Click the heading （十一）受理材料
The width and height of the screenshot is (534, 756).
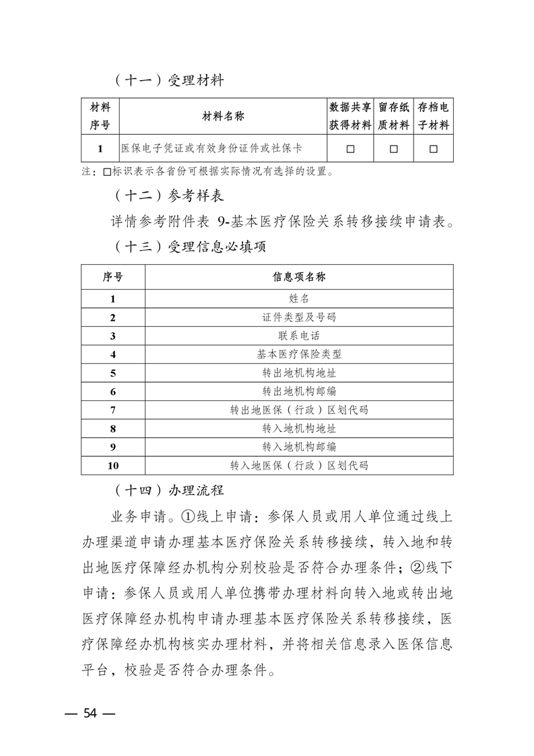click(x=168, y=81)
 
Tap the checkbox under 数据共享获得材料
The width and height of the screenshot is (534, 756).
click(x=350, y=148)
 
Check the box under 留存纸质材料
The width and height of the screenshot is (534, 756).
click(x=394, y=148)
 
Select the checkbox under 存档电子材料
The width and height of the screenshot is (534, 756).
click(x=433, y=148)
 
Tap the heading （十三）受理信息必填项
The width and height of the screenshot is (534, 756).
click(x=189, y=247)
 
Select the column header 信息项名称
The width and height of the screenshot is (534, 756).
click(x=299, y=277)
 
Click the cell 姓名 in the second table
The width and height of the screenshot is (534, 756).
click(x=299, y=298)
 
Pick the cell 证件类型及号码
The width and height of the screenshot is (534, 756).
click(x=299, y=317)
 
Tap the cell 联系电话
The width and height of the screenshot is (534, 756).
click(x=299, y=336)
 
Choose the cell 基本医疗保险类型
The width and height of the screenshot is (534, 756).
click(x=299, y=354)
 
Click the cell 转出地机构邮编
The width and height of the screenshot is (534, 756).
click(x=299, y=391)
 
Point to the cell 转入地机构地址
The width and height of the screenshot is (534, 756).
click(x=299, y=428)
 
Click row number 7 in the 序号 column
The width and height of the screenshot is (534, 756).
click(x=112, y=410)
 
